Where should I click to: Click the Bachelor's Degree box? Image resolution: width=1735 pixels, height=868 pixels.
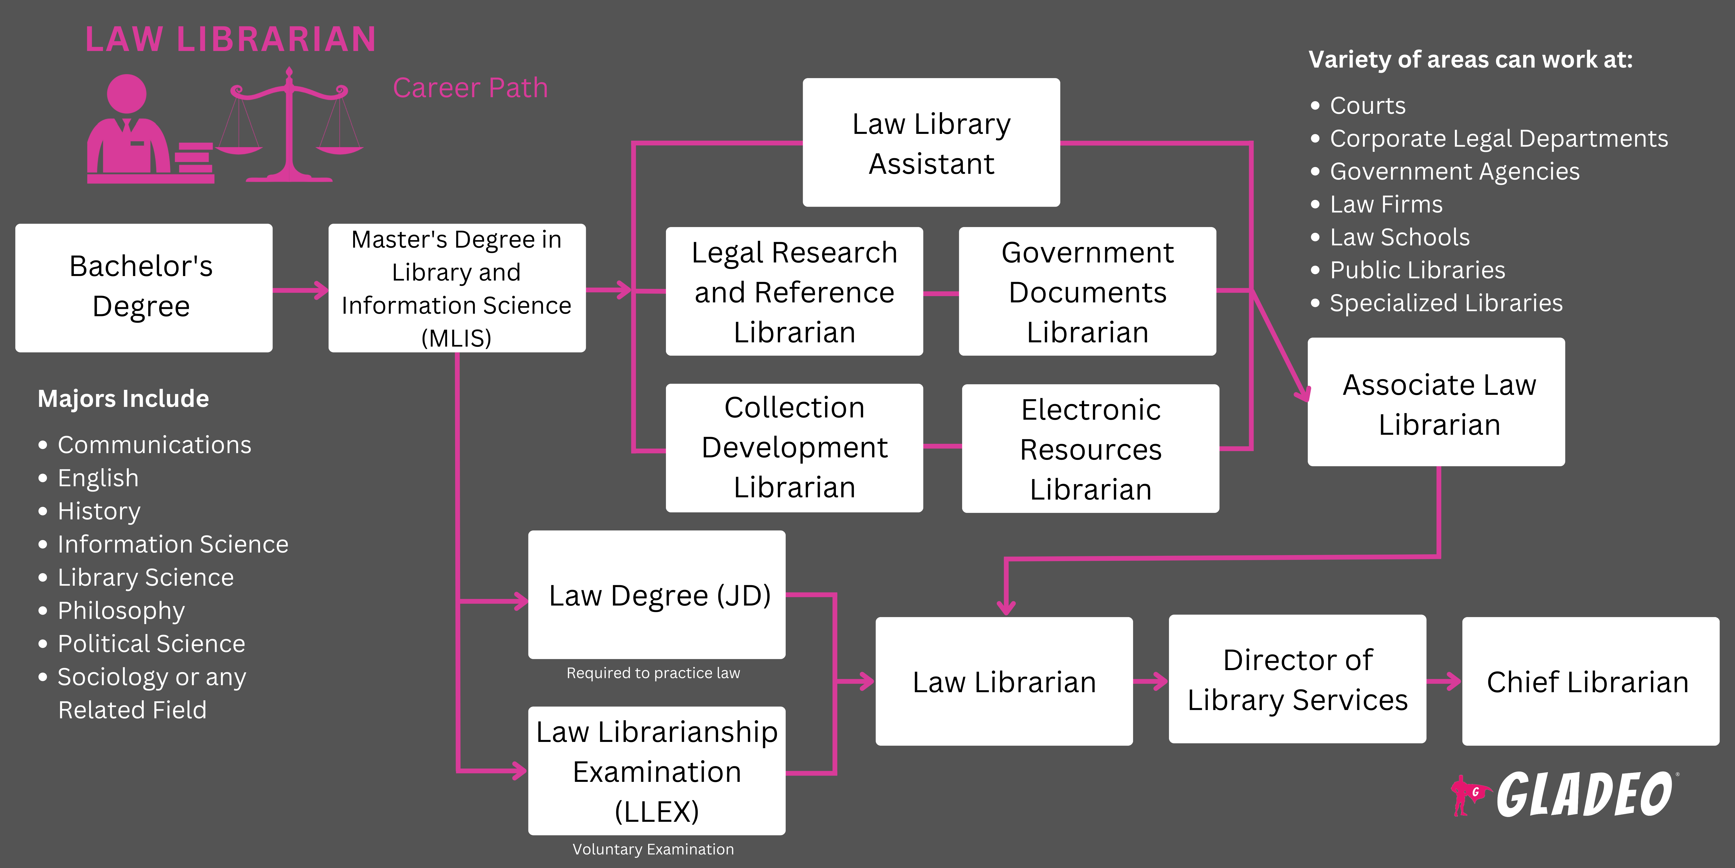pyautogui.click(x=144, y=288)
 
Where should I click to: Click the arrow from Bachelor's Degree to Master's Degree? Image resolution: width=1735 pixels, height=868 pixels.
pyautogui.click(x=300, y=290)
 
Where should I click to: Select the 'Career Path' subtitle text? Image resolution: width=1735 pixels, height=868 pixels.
pyautogui.click(x=470, y=88)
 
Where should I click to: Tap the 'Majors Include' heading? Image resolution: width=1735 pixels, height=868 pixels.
pyautogui.click(x=123, y=398)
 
